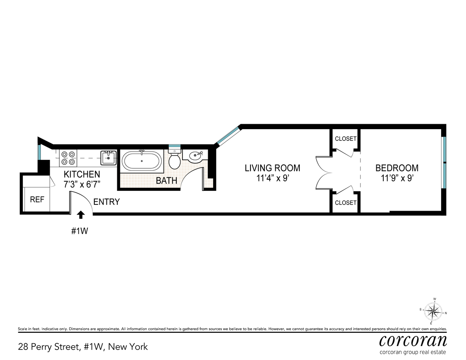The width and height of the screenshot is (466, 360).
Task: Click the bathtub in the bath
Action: (x=141, y=161)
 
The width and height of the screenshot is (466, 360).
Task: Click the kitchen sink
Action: (x=108, y=158)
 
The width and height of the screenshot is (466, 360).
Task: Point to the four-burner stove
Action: (x=68, y=158)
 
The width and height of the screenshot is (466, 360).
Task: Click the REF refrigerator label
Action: (x=37, y=200)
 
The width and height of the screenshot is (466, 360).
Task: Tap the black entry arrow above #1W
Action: (x=81, y=215)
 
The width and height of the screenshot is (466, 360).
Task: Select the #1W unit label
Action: (x=80, y=231)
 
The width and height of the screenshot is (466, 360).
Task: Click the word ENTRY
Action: (x=106, y=202)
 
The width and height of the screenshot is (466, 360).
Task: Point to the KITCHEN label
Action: (x=82, y=174)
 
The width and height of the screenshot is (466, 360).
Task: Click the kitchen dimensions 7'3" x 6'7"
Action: (x=82, y=184)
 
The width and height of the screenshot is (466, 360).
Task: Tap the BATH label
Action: (x=167, y=181)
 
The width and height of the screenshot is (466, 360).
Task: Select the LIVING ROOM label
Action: (x=272, y=168)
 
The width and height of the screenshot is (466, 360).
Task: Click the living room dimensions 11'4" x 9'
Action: (x=273, y=178)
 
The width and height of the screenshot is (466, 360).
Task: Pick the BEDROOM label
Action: (x=397, y=168)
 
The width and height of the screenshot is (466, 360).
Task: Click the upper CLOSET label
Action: (x=346, y=139)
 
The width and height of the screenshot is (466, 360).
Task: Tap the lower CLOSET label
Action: (x=346, y=202)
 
